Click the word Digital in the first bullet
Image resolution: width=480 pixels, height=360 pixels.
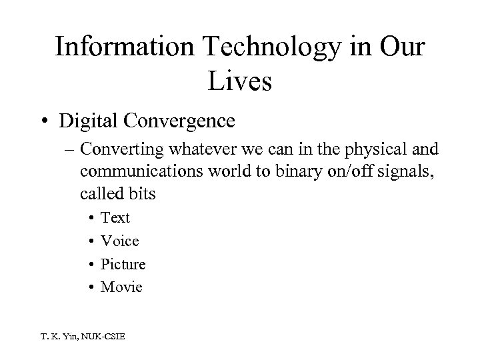(99, 121)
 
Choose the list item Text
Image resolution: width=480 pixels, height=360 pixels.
(115, 218)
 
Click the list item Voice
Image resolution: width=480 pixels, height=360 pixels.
(120, 241)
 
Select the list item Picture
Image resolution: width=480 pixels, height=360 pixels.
(123, 264)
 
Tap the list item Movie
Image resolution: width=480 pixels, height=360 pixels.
(121, 287)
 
